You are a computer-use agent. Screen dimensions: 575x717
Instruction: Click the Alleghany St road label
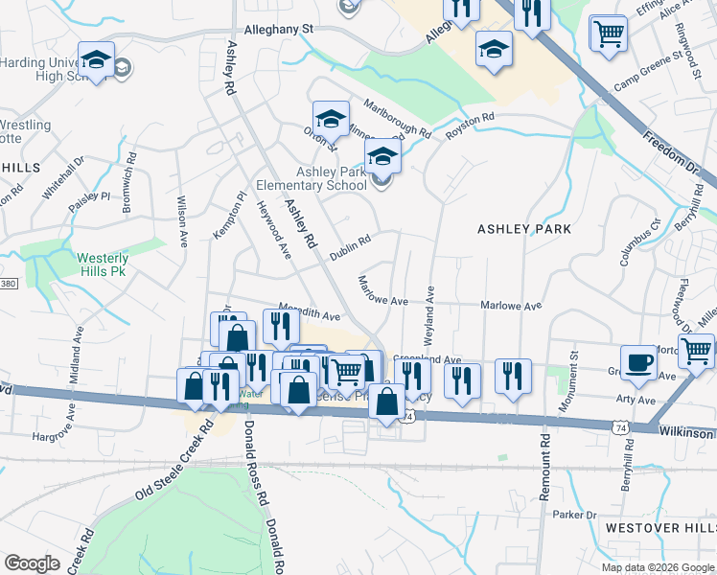click(x=280, y=30)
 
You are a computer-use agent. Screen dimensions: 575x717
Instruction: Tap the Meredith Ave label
click(x=309, y=313)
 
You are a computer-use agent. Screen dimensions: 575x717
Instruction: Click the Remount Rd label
click(x=544, y=464)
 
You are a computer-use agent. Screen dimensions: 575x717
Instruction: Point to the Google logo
click(x=32, y=563)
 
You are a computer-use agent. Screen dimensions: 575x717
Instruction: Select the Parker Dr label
click(x=575, y=515)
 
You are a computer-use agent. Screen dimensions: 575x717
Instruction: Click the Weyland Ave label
click(x=429, y=315)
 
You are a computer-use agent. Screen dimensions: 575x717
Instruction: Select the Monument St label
click(x=574, y=370)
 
